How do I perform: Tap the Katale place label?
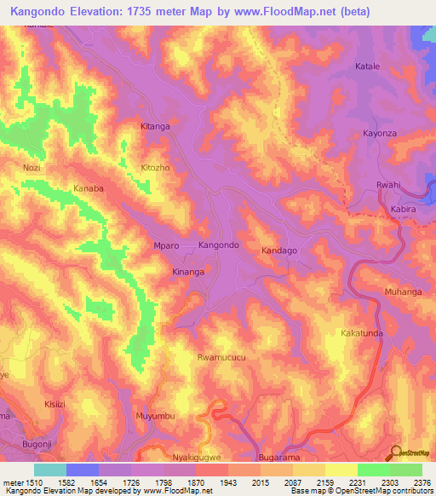(x=367, y=66)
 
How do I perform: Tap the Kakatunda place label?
(x=361, y=332)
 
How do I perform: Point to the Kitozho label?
(x=156, y=168)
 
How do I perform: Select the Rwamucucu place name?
(x=221, y=358)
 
